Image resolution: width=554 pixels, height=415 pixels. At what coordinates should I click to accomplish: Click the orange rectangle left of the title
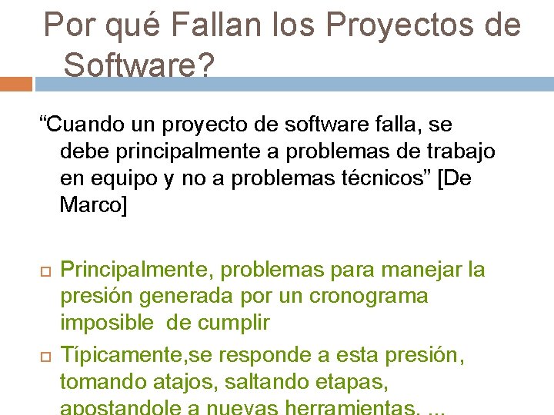pos(16,83)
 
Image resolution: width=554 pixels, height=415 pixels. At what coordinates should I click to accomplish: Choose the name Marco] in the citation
pos(93,205)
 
